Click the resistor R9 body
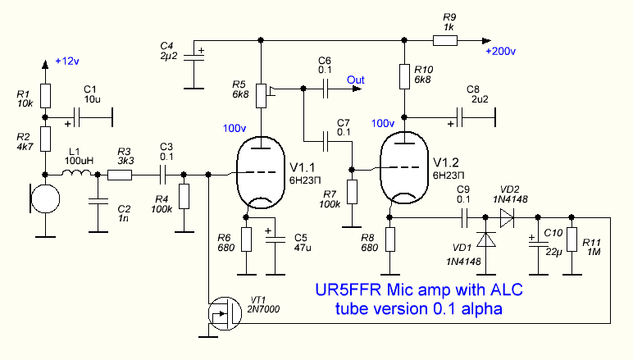tap(447, 39)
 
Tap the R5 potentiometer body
tap(262, 94)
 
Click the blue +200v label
tap(500, 52)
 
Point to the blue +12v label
tap(68, 62)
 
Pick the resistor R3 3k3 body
tap(124, 173)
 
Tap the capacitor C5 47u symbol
tap(271, 237)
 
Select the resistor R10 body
tap(405, 76)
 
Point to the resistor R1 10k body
tap(47, 96)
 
